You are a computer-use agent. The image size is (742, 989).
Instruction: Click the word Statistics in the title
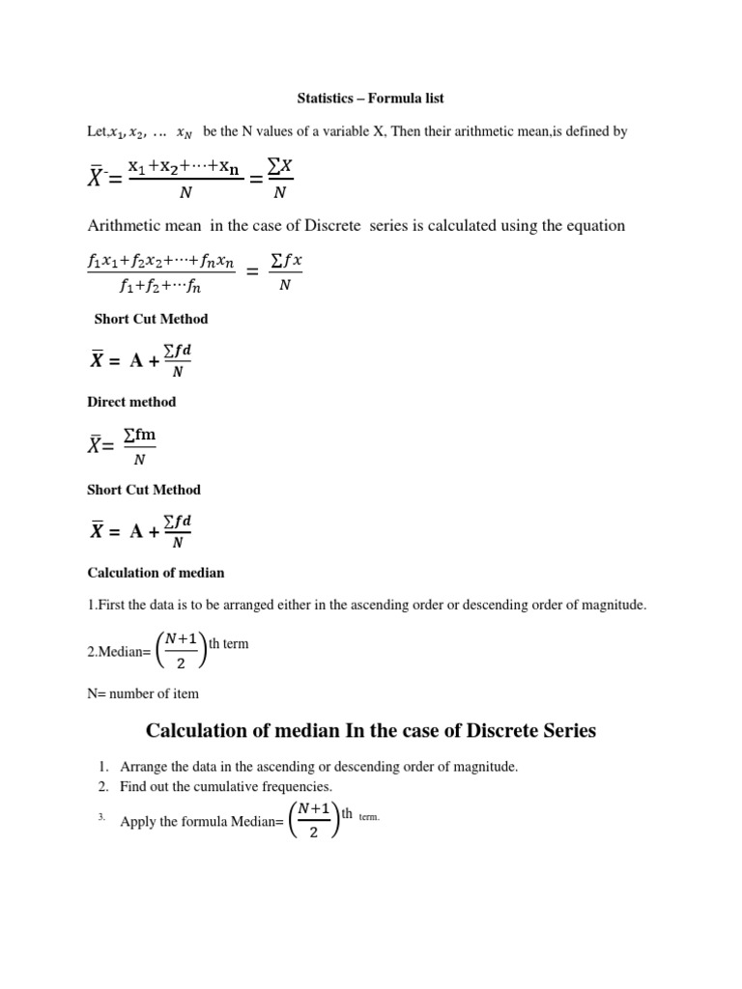pyautogui.click(x=326, y=99)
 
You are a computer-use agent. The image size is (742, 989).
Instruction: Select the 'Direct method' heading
pyautogui.click(x=131, y=402)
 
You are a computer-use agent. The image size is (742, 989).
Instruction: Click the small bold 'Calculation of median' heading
pyautogui.click(x=156, y=573)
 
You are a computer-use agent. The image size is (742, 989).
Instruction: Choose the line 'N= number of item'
pyautogui.click(x=143, y=693)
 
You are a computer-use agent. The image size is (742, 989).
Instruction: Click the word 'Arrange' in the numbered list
pyautogui.click(x=144, y=767)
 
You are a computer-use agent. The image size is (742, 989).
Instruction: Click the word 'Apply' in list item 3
pyautogui.click(x=137, y=822)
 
